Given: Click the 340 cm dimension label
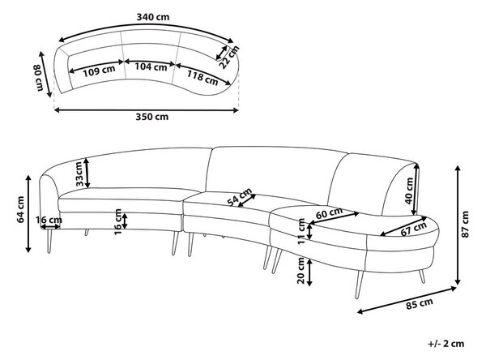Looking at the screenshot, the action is coord(153,17).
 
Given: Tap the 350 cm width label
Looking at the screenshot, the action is coord(152,117).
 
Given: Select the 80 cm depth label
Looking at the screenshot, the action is coord(38,78).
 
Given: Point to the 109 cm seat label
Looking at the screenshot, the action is coord(99,71).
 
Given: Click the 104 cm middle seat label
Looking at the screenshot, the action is coord(151,66).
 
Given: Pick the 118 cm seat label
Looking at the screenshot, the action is coord(202,77).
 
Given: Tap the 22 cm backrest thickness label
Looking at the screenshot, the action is coord(229,57).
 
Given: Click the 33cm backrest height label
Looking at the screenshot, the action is coord(79,174).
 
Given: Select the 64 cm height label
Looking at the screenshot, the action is coord(21,209).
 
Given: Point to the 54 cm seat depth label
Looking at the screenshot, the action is coord(240,197).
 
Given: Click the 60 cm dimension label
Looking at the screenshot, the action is coord(329,213).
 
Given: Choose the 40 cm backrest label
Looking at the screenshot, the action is coord(409,191).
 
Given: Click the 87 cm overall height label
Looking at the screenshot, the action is coord(465,224).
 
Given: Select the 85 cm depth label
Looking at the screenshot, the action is coord(420,303).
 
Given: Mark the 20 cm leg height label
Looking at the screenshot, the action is coord(301,270).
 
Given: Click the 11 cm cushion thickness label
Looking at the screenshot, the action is coord(301,232).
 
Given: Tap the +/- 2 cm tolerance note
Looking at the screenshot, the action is coord(446,344).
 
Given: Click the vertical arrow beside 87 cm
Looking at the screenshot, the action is coord(458,225).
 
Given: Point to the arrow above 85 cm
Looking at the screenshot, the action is coord(407,301).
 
